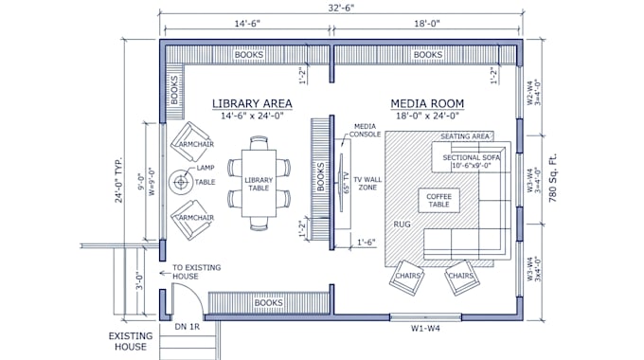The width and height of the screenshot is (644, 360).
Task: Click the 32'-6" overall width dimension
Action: point(341,8)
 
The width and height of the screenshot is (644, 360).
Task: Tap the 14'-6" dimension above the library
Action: point(247,24)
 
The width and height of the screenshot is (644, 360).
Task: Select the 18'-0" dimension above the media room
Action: point(427,24)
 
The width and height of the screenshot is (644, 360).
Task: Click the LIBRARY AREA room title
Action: point(252,103)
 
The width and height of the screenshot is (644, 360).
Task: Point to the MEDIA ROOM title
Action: point(427,103)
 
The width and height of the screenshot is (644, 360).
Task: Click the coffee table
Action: point(438,201)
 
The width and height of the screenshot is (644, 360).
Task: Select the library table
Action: point(259,183)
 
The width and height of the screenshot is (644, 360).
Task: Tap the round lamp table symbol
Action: point(181,182)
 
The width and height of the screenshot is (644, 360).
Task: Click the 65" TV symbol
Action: point(341,183)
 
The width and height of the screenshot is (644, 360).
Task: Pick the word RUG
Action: point(402,225)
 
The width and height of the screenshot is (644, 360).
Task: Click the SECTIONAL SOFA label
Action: point(471,157)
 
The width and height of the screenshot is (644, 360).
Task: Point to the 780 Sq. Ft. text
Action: point(553,177)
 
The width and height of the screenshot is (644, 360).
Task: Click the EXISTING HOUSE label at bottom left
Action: point(131,341)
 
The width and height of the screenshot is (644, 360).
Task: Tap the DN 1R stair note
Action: point(188,327)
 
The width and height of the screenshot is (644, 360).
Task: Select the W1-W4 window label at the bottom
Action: point(425,329)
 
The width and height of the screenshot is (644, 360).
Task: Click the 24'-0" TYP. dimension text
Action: point(118,180)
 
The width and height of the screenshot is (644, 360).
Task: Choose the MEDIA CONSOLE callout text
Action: point(366,131)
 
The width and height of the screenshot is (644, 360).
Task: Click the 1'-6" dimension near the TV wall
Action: point(367,243)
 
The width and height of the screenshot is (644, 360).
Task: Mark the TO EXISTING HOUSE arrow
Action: point(165,273)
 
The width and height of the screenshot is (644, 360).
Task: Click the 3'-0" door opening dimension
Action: point(139,282)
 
